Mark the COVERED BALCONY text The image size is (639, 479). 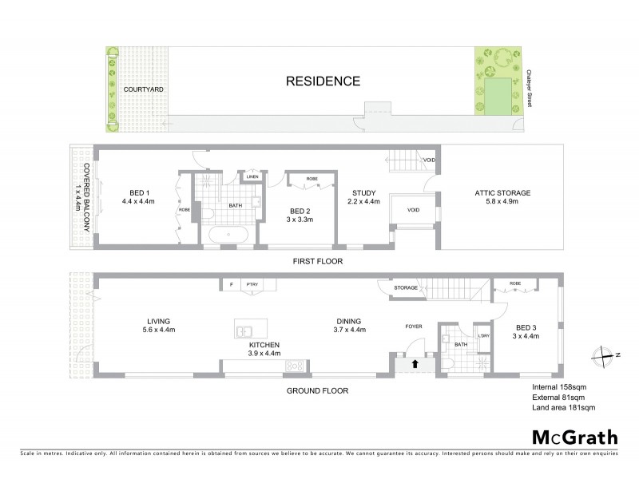pos(86,196)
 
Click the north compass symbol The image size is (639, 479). pos(609,354)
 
